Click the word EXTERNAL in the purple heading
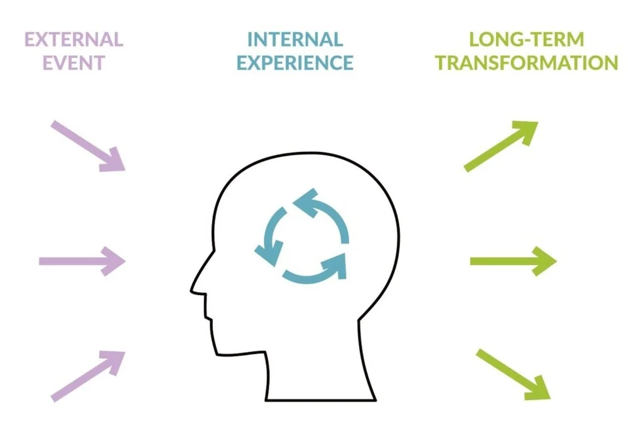click(73, 40)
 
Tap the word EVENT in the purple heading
click(73, 63)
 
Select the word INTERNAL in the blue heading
click(295, 40)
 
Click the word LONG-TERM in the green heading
click(526, 40)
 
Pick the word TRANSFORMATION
click(527, 63)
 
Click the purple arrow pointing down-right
click(88, 146)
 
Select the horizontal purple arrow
click(82, 260)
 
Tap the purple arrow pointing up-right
click(88, 375)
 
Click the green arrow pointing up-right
click(501, 146)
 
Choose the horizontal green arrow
click(512, 260)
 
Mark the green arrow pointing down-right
click(512, 374)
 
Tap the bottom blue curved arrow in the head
click(314, 270)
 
